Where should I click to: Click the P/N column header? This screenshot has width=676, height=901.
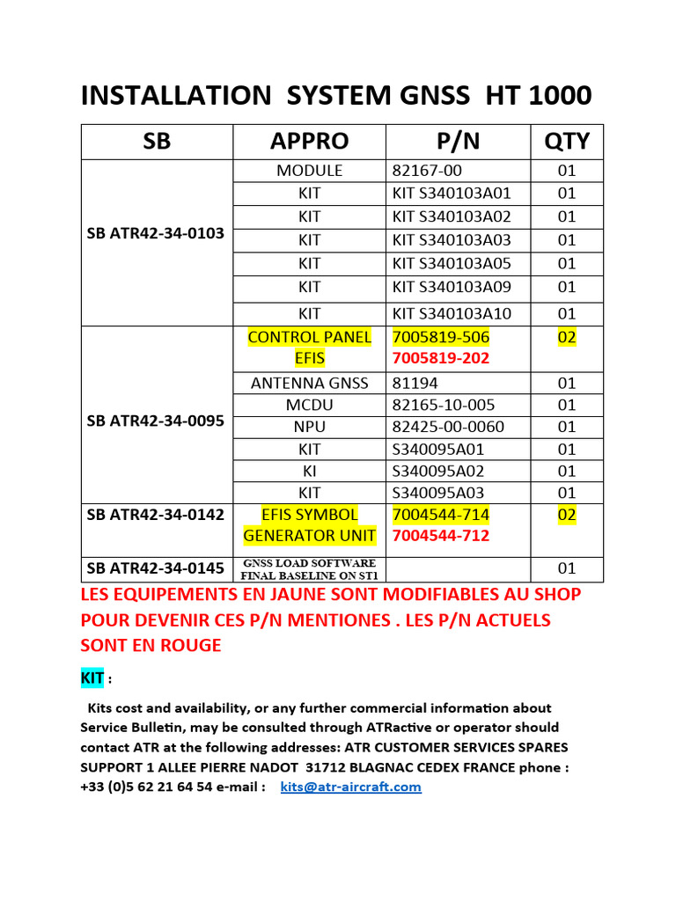458,142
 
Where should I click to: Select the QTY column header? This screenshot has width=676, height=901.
567,142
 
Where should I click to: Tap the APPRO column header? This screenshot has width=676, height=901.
309,142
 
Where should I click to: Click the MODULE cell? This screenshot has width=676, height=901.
309,171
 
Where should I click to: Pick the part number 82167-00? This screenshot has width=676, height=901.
427,171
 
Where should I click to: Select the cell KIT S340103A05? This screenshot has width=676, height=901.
452,263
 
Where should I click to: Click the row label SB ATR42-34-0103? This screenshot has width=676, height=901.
156,234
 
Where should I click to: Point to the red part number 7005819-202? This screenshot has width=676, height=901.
440,359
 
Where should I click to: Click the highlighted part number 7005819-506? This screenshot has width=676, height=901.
440,337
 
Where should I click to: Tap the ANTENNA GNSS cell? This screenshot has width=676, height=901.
309,384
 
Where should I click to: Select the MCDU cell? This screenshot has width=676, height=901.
309,406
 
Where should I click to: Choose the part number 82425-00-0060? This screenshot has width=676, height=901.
449,427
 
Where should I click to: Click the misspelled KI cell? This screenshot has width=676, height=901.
309,471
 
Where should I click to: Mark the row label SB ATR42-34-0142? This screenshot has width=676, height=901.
156,515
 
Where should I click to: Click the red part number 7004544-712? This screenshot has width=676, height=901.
440,536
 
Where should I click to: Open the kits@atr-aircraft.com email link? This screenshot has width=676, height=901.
350,787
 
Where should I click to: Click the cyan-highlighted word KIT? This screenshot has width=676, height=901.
92,678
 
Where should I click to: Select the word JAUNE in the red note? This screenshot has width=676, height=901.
324,595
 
